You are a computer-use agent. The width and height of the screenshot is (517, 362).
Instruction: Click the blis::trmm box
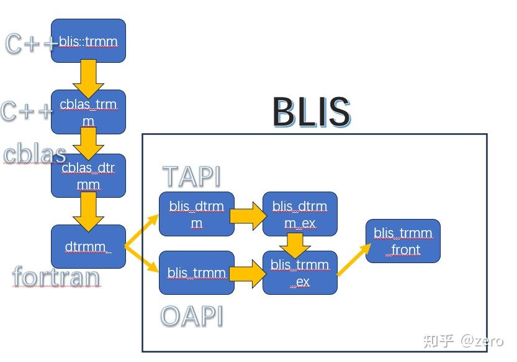point(88,40)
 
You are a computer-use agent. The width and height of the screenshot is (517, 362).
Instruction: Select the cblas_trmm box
point(88,112)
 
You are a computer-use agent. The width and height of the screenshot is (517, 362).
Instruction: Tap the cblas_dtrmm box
point(88,176)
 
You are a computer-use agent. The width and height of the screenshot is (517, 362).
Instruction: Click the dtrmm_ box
point(88,247)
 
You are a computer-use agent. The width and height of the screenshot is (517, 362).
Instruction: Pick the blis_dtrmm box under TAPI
point(197,215)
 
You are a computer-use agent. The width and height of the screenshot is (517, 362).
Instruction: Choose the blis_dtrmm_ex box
point(300,214)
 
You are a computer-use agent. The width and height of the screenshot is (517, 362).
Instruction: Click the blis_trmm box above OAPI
point(197,272)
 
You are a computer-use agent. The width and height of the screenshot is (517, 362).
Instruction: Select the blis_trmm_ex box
point(300,273)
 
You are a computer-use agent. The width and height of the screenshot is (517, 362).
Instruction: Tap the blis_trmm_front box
point(403,241)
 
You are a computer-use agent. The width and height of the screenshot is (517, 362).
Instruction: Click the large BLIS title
point(311,112)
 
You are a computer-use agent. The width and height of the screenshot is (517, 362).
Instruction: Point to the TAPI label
point(191,177)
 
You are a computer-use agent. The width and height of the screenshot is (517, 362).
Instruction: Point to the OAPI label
point(191,316)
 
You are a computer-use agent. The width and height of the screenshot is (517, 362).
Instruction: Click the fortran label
point(56,277)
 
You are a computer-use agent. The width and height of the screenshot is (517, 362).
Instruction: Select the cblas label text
point(34,154)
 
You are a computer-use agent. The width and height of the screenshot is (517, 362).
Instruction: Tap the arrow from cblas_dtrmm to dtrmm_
point(88,211)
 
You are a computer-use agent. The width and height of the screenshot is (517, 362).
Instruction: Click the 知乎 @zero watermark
point(462,340)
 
